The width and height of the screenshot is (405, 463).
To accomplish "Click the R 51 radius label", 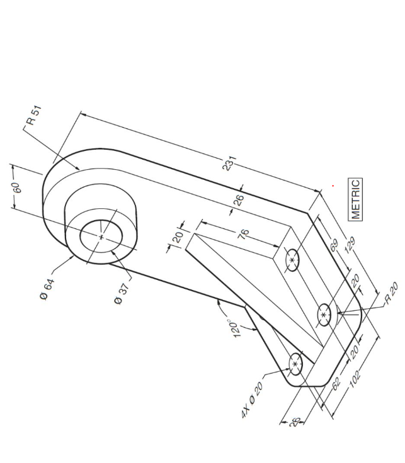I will coord(35,117).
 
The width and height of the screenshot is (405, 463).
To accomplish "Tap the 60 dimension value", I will coord(18,188).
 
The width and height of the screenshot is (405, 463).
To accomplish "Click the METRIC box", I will coord(356,199).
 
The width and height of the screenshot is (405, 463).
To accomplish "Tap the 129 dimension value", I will coord(343,248).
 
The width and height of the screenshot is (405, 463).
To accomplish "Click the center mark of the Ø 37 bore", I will coord(101,237).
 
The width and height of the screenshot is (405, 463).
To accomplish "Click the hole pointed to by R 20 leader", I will coord(324,314).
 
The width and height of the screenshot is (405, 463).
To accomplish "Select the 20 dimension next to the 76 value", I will coord(178,237).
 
